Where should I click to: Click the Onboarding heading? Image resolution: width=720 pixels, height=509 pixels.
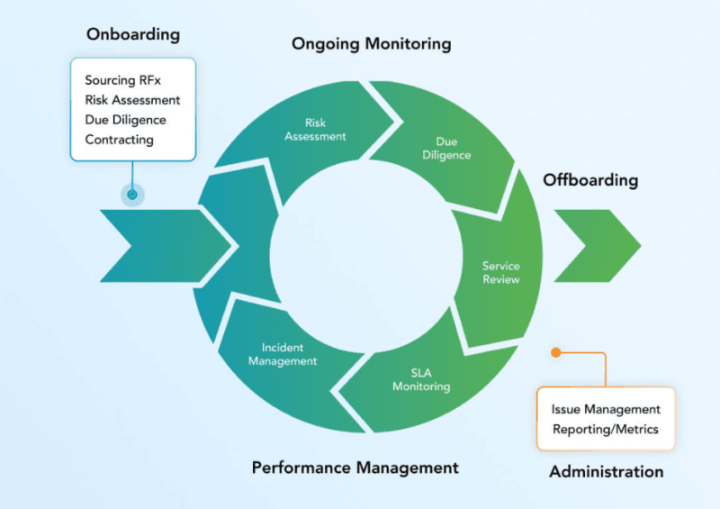pyautogui.click(x=133, y=35)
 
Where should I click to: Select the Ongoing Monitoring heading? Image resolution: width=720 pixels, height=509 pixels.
pyautogui.click(x=371, y=43)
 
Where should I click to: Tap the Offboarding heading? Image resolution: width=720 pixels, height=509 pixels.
pyautogui.click(x=589, y=180)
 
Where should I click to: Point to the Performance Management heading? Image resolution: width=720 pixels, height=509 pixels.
pyautogui.click(x=355, y=468)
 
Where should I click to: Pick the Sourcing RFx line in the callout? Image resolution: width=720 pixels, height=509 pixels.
pyautogui.click(x=122, y=81)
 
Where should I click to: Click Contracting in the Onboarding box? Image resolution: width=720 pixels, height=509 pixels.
pyautogui.click(x=119, y=140)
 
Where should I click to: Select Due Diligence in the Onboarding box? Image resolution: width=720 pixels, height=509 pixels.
pyautogui.click(x=125, y=120)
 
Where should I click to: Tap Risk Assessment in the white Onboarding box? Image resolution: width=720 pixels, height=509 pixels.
pyautogui.click(x=132, y=100)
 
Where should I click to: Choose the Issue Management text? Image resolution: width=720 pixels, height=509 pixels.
pyautogui.click(x=606, y=409)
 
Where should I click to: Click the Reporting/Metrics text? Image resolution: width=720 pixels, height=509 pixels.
pyautogui.click(x=606, y=429)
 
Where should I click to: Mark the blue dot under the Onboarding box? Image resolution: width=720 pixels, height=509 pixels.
pyautogui.click(x=132, y=194)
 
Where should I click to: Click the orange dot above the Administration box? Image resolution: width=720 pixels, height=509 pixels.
pyautogui.click(x=556, y=352)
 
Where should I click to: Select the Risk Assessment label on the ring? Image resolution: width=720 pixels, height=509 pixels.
pyautogui.click(x=315, y=130)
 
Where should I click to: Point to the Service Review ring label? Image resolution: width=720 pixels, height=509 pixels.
pyautogui.click(x=500, y=273)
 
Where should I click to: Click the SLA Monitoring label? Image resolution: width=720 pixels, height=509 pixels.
pyautogui.click(x=422, y=379)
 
